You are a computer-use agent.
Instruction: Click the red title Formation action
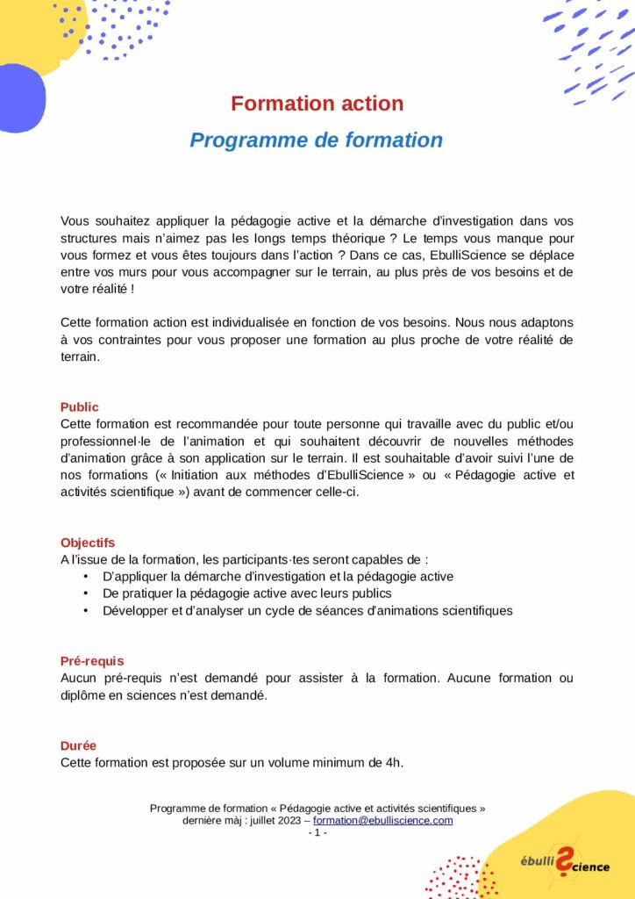click(x=317, y=104)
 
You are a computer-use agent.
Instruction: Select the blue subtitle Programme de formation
click(x=317, y=140)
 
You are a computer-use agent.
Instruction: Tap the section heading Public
click(x=80, y=407)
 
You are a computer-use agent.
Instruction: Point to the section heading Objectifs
click(x=88, y=543)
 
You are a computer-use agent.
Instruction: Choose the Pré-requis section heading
click(x=92, y=661)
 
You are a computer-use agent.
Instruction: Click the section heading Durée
click(x=79, y=745)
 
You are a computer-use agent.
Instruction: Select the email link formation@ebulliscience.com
click(x=383, y=820)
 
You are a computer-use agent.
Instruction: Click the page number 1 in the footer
click(x=317, y=832)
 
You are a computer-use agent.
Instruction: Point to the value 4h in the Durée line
click(x=394, y=762)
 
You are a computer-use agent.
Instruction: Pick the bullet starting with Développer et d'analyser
click(x=307, y=610)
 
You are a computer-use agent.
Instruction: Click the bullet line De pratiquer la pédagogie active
click(x=246, y=593)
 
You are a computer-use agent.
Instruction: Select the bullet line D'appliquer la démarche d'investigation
click(x=277, y=577)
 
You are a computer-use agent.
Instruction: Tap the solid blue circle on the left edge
click(x=19, y=98)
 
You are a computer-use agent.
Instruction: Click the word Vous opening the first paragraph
click(x=75, y=221)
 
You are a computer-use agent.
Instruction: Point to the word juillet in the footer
click(x=255, y=820)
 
